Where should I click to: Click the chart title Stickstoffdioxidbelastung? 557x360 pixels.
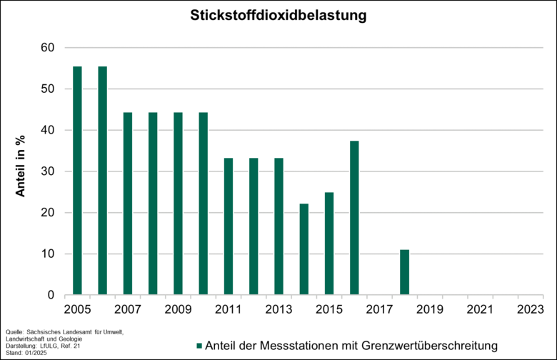(x=278, y=14)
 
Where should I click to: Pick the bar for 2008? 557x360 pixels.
(x=153, y=204)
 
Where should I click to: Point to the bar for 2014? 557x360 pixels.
(x=303, y=249)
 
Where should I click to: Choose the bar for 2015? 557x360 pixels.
(x=328, y=244)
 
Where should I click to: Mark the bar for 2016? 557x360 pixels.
(x=354, y=218)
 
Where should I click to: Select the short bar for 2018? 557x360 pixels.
(x=404, y=272)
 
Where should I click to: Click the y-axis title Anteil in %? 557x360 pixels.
(x=21, y=171)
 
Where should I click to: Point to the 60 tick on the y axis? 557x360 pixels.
(x=46, y=48)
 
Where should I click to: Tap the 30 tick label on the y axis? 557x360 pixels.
(x=46, y=171)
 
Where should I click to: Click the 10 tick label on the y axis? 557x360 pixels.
(x=46, y=254)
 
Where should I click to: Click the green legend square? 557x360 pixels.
(x=199, y=346)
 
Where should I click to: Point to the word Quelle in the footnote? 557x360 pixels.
(x=16, y=332)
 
